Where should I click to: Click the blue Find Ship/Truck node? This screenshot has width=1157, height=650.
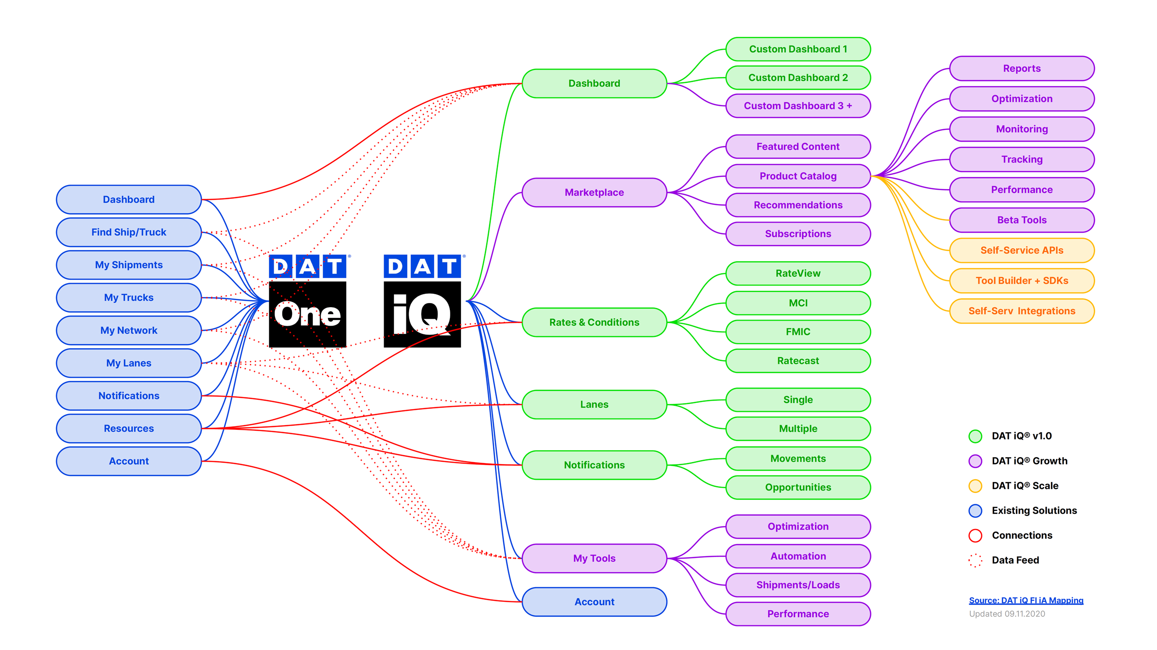pyautogui.click(x=129, y=232)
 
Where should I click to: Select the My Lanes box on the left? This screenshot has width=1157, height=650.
pyautogui.click(x=129, y=363)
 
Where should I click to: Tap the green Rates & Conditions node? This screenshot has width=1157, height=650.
pyautogui.click(x=594, y=322)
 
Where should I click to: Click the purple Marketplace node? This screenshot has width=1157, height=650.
pyautogui.click(x=594, y=192)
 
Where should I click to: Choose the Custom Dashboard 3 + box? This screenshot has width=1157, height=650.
pyautogui.click(x=798, y=106)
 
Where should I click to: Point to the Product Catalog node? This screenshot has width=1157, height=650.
pyautogui.click(x=798, y=176)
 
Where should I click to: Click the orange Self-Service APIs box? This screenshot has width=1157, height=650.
pyautogui.click(x=1022, y=250)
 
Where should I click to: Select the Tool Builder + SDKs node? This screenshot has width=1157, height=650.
pyautogui.click(x=1022, y=281)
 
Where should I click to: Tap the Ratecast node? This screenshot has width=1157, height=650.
pyautogui.click(x=798, y=361)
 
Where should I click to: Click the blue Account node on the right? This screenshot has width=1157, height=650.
pyautogui.click(x=594, y=602)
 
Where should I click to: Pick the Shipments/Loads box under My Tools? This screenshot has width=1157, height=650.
pyautogui.click(x=798, y=585)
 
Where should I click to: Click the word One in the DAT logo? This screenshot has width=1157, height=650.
pyautogui.click(x=307, y=315)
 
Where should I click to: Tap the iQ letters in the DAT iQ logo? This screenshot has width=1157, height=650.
pyautogui.click(x=421, y=315)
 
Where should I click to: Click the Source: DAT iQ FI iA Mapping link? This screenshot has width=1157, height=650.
pyautogui.click(x=1026, y=600)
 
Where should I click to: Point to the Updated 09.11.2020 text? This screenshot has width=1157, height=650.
pyautogui.click(x=1007, y=614)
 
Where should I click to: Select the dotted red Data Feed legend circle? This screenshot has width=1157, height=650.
pyautogui.click(x=975, y=560)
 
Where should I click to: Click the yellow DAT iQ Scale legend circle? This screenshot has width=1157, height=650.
pyautogui.click(x=975, y=486)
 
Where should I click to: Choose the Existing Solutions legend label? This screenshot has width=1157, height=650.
pyautogui.click(x=1034, y=511)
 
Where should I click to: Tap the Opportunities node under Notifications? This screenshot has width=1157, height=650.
pyautogui.click(x=798, y=487)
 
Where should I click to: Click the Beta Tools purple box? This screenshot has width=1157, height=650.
pyautogui.click(x=1022, y=220)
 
